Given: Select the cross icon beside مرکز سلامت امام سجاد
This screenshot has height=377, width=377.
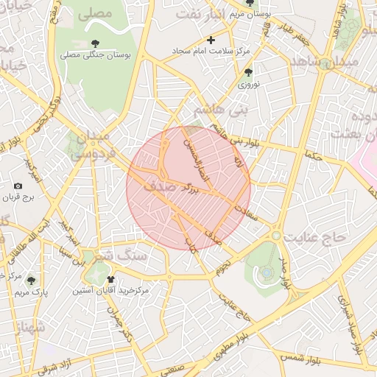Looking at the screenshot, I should (x=211, y=40).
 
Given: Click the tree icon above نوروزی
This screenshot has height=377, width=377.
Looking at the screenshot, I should (x=248, y=73).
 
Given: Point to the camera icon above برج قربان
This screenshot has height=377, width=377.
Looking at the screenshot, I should (x=18, y=187).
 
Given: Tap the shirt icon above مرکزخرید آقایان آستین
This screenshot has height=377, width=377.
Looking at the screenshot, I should (x=110, y=280).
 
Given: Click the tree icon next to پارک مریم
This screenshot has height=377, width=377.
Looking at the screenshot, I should (x=29, y=280).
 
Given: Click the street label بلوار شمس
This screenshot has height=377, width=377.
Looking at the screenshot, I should (x=301, y=360).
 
